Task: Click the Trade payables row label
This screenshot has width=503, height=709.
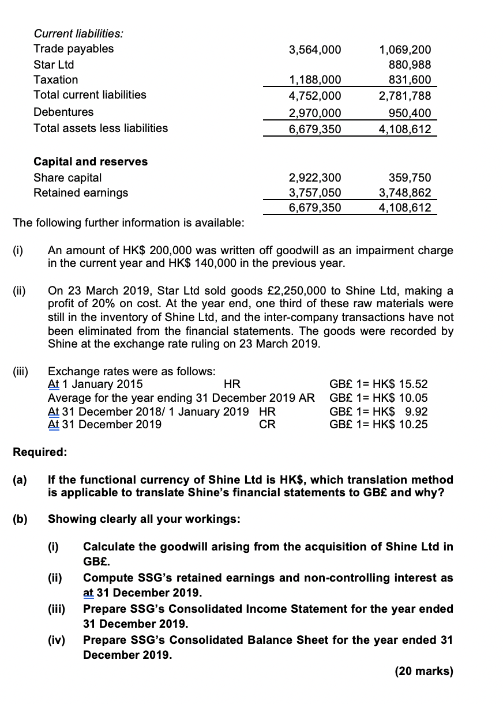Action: click(x=74, y=49)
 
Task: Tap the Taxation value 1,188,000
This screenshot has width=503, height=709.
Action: click(x=314, y=80)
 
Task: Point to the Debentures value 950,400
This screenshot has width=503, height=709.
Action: click(x=407, y=113)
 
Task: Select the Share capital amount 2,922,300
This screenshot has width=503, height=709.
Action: click(x=314, y=178)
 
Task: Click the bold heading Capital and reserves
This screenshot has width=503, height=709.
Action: click(x=91, y=162)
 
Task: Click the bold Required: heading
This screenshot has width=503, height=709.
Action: click(x=40, y=452)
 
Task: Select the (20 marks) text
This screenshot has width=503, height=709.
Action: click(x=424, y=672)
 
